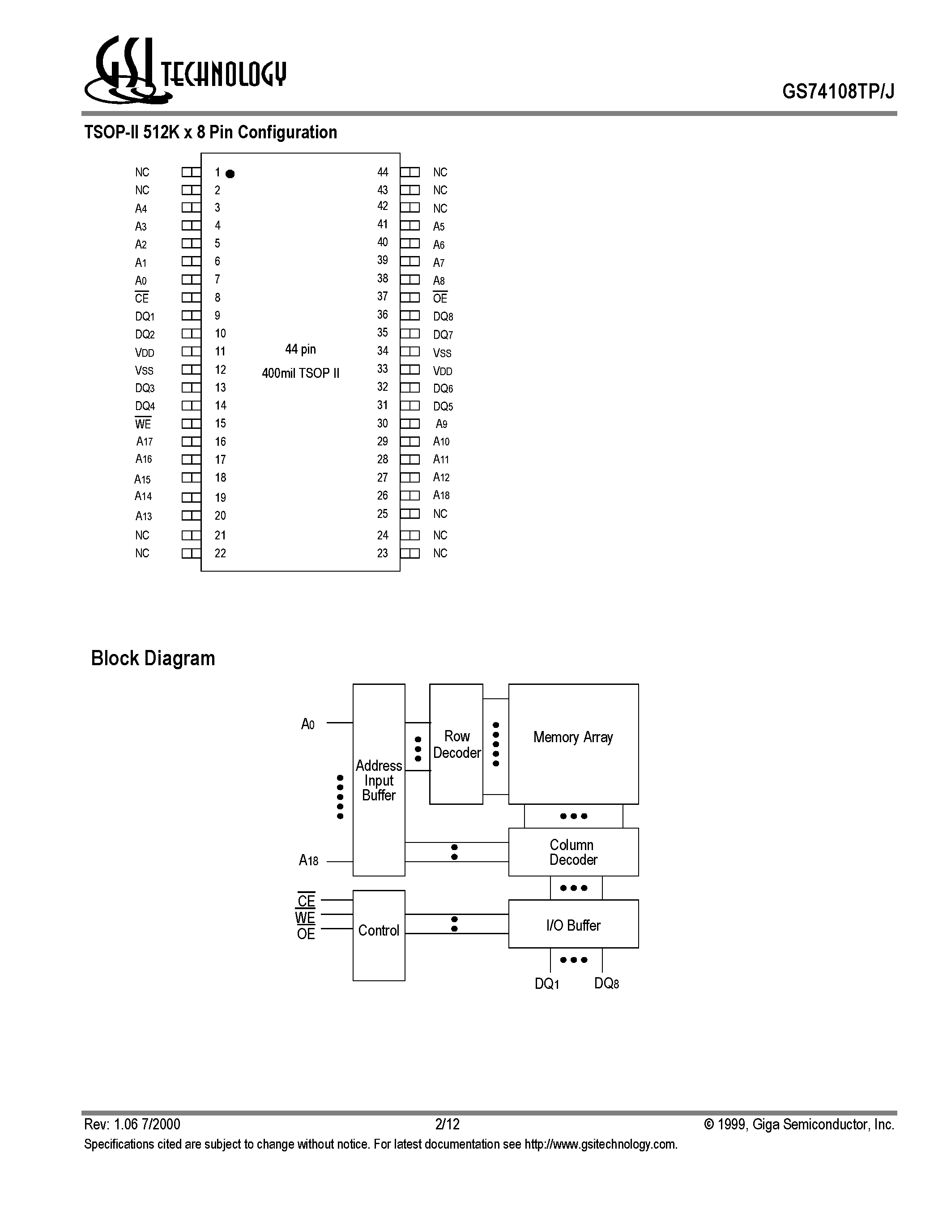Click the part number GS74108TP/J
[838, 91]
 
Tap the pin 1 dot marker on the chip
[230, 174]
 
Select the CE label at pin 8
[142, 298]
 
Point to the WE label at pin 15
[143, 423]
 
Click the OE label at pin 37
[440, 298]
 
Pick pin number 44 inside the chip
[383, 172]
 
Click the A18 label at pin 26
[441, 496]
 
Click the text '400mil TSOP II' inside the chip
[300, 373]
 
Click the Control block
[379, 936]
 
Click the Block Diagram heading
[153, 658]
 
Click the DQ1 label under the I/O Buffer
[547, 983]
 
